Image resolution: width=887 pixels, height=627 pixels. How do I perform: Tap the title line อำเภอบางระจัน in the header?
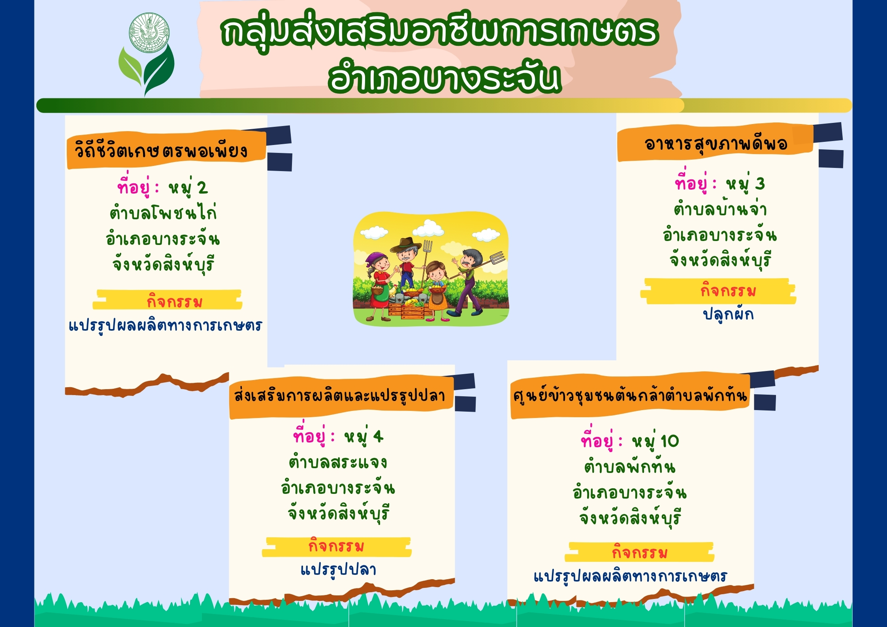[444, 77]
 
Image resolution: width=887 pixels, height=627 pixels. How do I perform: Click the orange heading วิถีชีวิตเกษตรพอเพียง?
[161, 151]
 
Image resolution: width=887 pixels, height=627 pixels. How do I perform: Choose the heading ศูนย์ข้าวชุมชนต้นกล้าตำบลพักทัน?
[630, 395]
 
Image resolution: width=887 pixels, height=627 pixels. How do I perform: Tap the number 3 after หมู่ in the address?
[760, 184]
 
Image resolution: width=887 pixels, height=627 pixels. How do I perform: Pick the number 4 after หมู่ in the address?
[378, 437]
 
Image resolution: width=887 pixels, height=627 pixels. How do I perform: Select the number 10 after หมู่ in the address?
[670, 441]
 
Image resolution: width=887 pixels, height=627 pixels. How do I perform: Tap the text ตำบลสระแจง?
[338, 462]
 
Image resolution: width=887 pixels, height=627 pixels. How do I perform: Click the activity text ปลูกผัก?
[728, 314]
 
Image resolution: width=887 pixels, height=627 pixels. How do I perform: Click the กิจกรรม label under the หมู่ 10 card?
[640, 552]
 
